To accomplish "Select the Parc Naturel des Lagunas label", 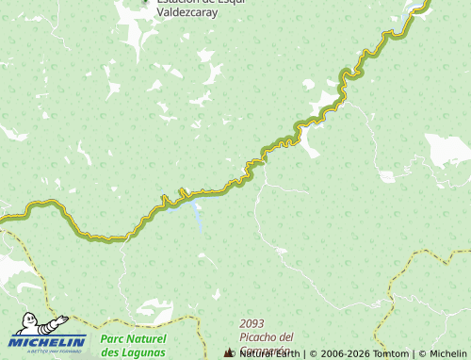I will (133, 345).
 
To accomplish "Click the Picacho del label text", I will (267, 336).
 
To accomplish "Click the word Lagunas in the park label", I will (132, 352).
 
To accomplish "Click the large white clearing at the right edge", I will (447, 149).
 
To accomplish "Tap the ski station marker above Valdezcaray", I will (144, 2).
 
